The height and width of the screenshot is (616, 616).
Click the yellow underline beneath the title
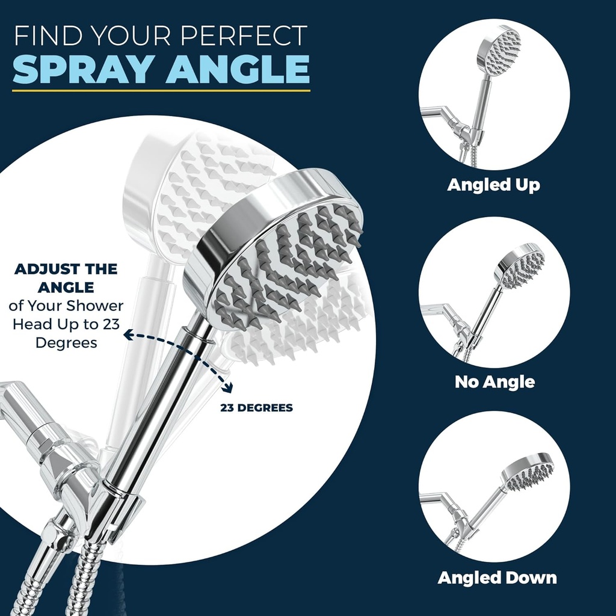point(161,91)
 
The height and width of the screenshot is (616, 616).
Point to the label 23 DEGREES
point(256,408)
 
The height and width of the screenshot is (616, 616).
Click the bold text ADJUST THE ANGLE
point(66,277)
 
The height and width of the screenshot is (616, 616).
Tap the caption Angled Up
point(493,185)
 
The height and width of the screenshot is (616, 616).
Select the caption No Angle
point(494,381)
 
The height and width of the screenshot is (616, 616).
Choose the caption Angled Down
point(497,578)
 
